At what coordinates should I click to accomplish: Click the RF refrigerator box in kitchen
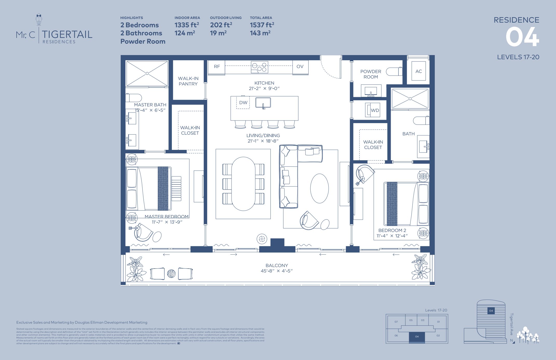(x=216, y=67)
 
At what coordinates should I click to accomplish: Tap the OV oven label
(x=300, y=67)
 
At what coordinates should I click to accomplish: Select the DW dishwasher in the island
(x=243, y=103)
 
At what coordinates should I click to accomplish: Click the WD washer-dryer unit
(x=372, y=110)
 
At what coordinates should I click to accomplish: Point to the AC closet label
(x=418, y=71)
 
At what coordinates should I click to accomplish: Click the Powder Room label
(x=371, y=74)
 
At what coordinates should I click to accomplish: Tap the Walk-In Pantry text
(x=188, y=81)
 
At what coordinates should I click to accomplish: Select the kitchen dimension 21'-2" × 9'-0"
(x=264, y=89)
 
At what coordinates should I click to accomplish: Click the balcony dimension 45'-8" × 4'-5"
(x=276, y=271)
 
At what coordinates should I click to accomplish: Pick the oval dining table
(x=243, y=184)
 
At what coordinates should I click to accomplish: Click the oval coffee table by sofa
(x=319, y=188)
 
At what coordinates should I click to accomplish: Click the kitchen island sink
(x=263, y=103)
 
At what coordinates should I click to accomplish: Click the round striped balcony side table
(x=171, y=274)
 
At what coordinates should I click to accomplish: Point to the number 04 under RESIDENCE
(x=522, y=37)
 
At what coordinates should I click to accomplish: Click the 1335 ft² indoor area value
(x=187, y=25)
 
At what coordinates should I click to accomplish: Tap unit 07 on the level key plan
(x=396, y=322)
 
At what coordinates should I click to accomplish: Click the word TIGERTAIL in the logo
(x=67, y=34)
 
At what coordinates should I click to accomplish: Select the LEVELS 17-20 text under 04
(x=518, y=57)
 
